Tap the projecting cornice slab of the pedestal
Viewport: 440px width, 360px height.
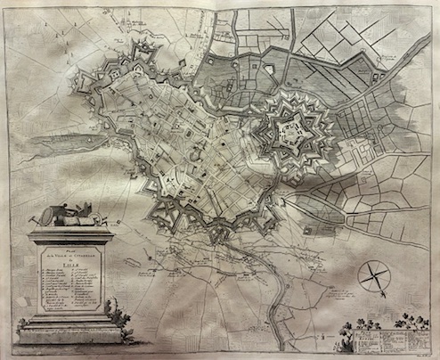tap(72, 235)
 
